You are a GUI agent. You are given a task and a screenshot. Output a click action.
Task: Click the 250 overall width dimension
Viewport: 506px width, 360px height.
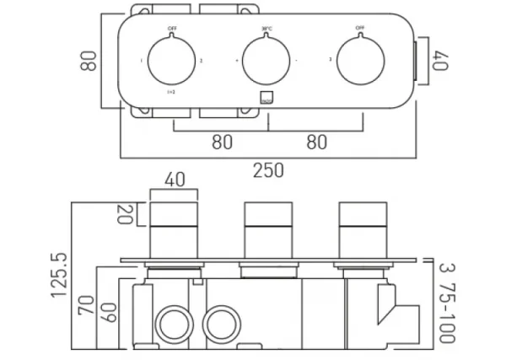coord(268,170)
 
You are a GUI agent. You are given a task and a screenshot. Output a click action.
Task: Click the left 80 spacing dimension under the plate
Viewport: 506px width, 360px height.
coord(221,142)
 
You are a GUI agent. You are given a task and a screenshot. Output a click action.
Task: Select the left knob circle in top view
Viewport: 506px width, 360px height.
coord(173,61)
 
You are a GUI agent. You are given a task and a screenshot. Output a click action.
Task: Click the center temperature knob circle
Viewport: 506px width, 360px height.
coord(267,61)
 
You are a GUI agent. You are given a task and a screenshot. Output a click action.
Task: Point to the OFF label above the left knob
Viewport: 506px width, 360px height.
coord(173,29)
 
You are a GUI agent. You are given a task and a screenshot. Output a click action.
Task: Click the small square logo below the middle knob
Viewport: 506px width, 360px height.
coord(267,97)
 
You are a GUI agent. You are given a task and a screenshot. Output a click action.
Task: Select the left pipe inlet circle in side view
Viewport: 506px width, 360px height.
coord(174,323)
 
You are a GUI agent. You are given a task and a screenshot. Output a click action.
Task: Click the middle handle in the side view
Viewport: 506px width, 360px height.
coord(267,229)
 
